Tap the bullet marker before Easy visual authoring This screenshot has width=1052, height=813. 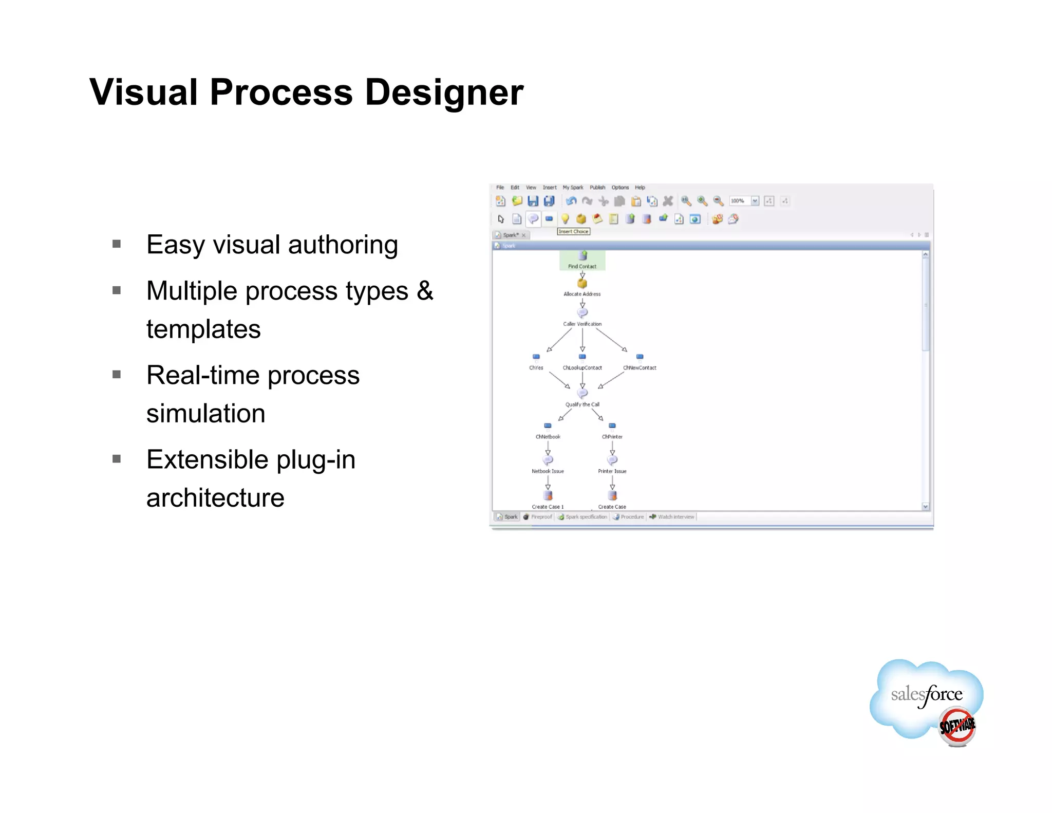(117, 244)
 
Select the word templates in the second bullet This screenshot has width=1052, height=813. (203, 329)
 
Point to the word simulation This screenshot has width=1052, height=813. (205, 413)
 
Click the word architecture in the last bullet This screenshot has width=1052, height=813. (215, 497)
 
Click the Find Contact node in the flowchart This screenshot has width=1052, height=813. (583, 260)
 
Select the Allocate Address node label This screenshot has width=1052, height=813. (582, 294)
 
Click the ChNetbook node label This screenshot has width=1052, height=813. (548, 436)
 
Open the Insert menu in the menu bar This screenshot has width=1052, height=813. (549, 188)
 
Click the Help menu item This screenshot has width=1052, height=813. (640, 188)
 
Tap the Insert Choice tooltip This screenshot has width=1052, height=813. (574, 231)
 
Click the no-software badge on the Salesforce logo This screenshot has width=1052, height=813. (956, 726)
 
